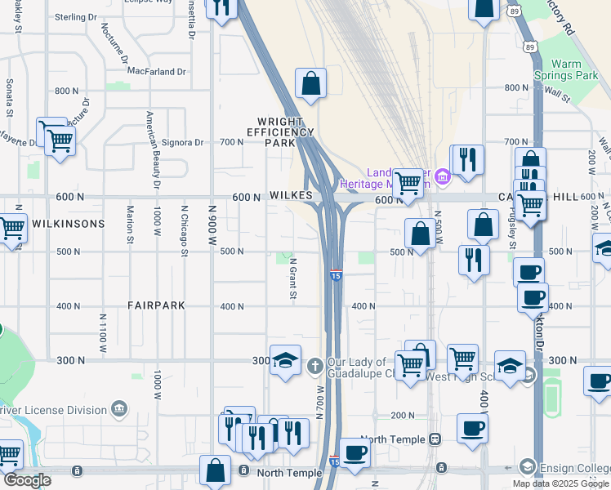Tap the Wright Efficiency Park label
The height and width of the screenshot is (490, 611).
click(x=280, y=131)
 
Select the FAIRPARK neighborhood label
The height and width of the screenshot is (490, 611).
click(x=156, y=305)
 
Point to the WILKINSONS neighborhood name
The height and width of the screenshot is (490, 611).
click(x=69, y=224)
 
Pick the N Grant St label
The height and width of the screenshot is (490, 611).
click(x=292, y=278)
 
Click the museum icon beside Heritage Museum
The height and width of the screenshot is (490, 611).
click(x=443, y=176)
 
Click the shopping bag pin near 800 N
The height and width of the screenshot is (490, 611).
click(x=310, y=82)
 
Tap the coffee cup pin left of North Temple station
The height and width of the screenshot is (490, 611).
click(x=355, y=452)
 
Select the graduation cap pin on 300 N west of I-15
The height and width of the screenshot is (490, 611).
click(x=285, y=360)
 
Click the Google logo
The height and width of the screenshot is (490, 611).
click(x=26, y=480)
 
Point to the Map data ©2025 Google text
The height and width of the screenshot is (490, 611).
click(x=560, y=483)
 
